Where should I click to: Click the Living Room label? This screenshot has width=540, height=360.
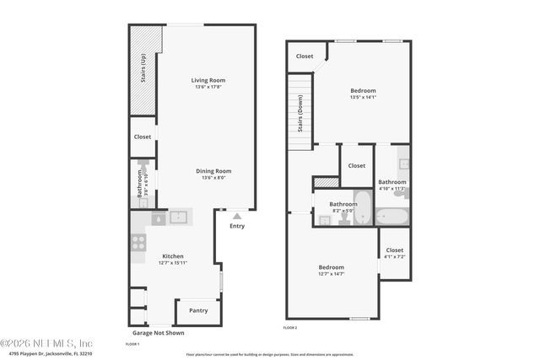point(208,80)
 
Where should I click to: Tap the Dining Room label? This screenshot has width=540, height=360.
point(208,171)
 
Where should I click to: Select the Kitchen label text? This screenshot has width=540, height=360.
point(173,256)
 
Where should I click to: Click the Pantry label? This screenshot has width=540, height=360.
point(198,310)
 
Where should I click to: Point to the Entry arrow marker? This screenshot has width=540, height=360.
point(237,217)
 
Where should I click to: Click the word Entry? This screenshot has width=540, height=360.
point(237,226)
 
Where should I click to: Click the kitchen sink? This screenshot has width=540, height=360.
point(179,218)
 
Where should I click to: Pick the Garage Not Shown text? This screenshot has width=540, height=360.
point(158,333)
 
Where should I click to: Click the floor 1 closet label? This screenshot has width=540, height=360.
point(143,137)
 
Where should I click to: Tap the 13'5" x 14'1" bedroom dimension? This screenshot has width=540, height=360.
point(363,97)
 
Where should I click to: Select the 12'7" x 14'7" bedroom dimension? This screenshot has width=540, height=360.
point(331,273)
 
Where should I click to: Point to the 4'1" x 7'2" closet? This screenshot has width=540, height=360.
point(394,252)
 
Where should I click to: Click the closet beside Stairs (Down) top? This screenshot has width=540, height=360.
point(305,56)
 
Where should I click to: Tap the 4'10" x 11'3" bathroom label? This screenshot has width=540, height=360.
point(391,185)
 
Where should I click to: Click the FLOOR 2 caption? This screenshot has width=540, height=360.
point(290,327)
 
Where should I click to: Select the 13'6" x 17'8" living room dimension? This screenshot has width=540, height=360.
point(208,87)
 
